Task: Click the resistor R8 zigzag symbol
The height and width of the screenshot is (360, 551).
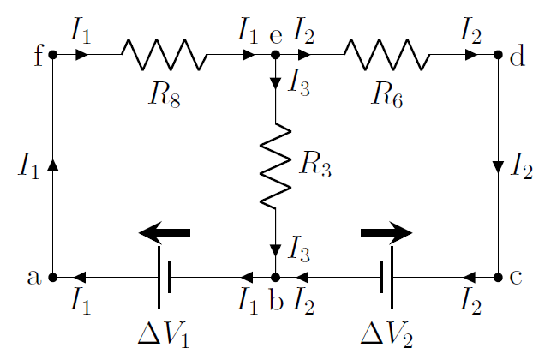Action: tap(164, 55)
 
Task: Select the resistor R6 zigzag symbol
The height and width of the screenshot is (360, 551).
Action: tap(386, 55)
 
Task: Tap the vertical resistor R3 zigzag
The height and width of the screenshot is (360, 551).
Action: tap(275, 165)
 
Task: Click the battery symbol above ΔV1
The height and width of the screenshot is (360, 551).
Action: tap(165, 277)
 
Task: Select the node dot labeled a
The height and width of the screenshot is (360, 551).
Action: tap(53, 278)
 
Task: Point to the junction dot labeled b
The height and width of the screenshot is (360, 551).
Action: tap(275, 278)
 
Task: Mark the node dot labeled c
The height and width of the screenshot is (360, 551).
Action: tap(498, 278)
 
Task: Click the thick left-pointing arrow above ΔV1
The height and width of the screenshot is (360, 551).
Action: tap(165, 232)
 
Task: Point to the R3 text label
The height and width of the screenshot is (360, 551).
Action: tap(314, 165)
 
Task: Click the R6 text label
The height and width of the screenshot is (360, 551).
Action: tap(387, 94)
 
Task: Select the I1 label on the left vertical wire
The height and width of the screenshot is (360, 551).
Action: tap(28, 166)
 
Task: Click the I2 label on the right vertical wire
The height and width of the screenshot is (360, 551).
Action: tap(520, 166)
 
